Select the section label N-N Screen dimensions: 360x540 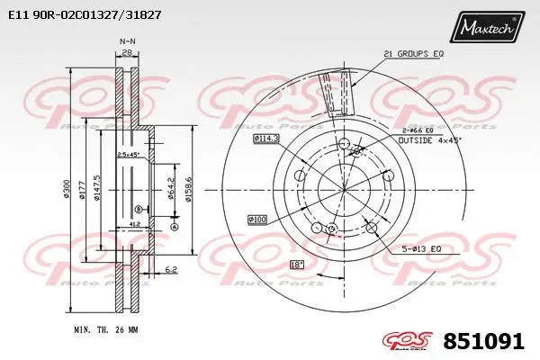tap(128, 41)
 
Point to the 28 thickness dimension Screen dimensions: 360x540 tap(128, 54)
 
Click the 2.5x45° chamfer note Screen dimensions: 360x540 tap(128, 154)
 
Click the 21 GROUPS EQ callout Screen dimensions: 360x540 tap(413, 54)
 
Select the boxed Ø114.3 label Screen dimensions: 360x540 tap(266, 138)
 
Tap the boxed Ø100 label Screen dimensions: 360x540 tap(258, 220)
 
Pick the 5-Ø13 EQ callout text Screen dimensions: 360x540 tap(421, 248)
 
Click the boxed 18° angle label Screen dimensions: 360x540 tap(296, 265)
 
